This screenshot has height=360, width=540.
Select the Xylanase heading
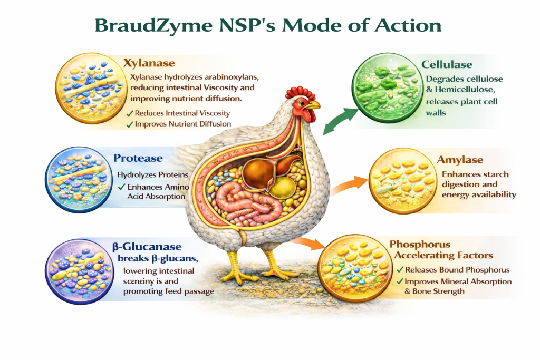149,63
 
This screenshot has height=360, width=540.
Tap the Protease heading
138,158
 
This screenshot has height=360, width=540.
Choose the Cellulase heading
447,64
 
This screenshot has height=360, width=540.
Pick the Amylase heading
460,160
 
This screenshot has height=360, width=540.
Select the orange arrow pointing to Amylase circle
349,184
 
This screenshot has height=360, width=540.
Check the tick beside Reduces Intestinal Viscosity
129,113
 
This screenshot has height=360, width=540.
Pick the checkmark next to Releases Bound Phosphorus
400,270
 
